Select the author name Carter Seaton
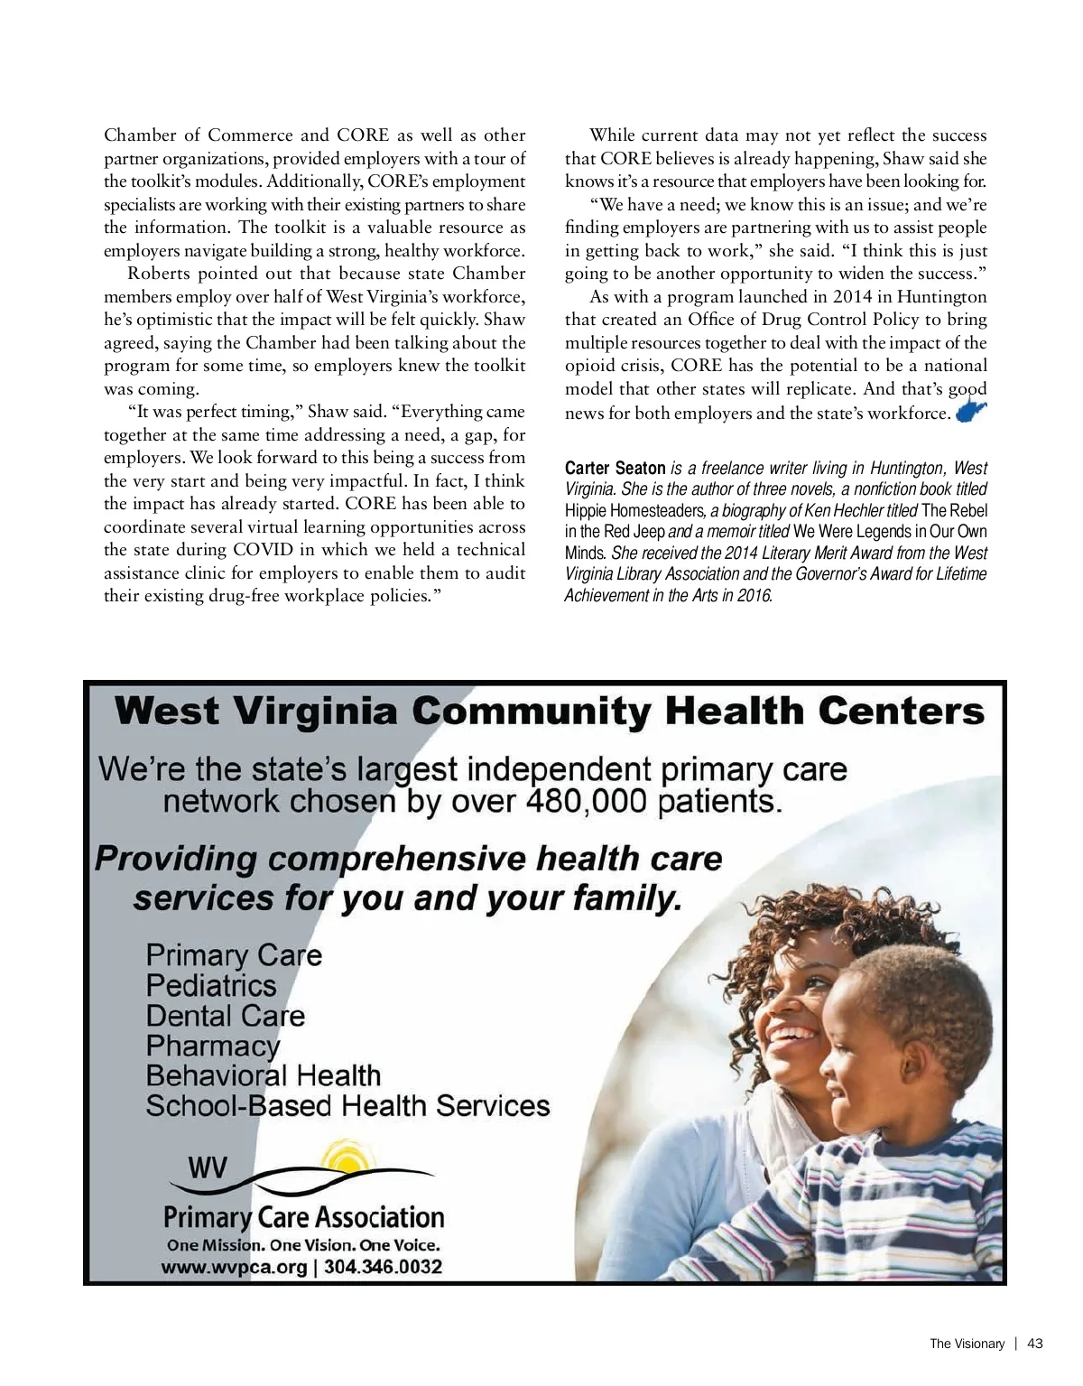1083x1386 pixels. click(x=615, y=469)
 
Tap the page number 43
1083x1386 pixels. click(x=1035, y=1344)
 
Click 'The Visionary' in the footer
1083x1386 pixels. click(x=967, y=1344)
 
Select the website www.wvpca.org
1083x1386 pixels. click(x=235, y=1267)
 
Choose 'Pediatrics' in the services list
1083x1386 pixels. click(x=211, y=985)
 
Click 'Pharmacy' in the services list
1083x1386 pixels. click(x=213, y=1046)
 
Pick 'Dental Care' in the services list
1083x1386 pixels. click(x=226, y=1016)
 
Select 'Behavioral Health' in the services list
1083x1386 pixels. click(x=264, y=1075)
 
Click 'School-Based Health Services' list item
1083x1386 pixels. click(x=347, y=1105)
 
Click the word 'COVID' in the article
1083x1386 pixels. click(x=264, y=550)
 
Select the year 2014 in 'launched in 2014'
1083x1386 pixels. click(x=854, y=297)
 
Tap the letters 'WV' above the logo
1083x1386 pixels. click(x=208, y=1169)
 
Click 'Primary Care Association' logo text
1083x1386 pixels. click(x=304, y=1217)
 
